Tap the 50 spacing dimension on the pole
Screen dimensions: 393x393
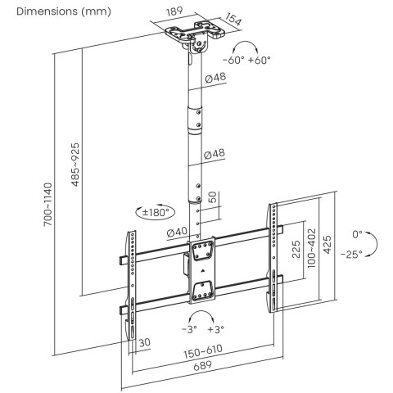pyautogui.click(x=212, y=199)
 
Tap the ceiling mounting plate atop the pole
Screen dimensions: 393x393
pyautogui.click(x=194, y=38)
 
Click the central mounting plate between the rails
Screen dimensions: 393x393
pyautogui.click(x=201, y=268)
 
